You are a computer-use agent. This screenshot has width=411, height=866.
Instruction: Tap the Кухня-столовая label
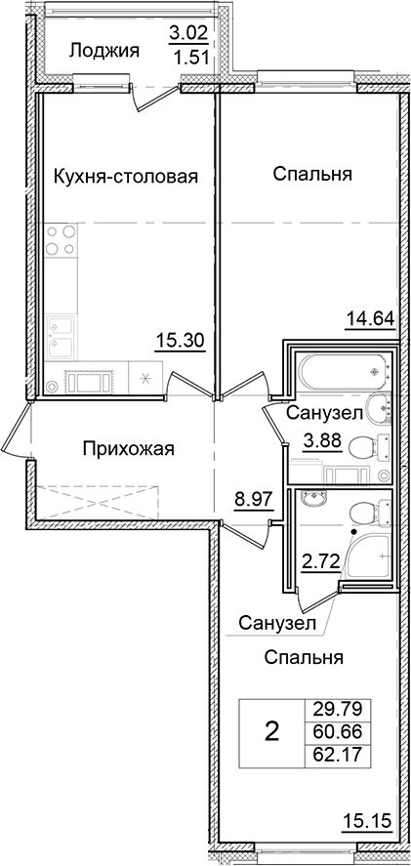point(125,177)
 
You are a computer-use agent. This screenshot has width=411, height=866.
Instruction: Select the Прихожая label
point(128,449)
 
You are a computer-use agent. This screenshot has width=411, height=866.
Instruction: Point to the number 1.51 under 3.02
point(187,57)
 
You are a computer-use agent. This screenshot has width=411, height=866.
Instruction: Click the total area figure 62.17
point(333,753)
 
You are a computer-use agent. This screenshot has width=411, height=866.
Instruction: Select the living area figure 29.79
point(333,710)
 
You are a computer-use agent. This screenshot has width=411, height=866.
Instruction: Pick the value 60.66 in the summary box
point(333,731)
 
